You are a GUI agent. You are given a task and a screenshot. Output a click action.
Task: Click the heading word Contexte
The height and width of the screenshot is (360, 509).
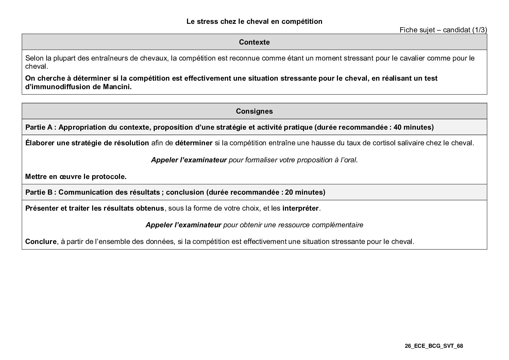pos(254,42)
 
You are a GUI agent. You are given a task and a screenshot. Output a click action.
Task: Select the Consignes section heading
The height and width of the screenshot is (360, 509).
pos(254,111)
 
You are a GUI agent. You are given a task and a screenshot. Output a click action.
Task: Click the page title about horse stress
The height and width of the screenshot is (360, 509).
pos(254,21)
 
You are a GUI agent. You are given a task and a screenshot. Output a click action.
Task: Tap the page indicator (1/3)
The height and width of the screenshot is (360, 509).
pos(479,30)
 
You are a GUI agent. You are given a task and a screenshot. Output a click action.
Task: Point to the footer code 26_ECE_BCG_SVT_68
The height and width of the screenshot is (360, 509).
pos(434,346)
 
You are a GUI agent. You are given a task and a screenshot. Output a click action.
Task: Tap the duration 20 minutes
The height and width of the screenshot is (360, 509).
pos(305,192)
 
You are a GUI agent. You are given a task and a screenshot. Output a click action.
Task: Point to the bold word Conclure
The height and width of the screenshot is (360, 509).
pos(40,242)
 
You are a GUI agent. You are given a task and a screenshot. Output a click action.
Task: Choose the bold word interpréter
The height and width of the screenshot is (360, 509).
pos(300,208)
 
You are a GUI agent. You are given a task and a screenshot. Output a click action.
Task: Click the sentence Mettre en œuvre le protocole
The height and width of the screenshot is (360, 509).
pos(76,177)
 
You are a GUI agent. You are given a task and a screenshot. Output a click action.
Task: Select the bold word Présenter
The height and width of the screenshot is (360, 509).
pos(42,208)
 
